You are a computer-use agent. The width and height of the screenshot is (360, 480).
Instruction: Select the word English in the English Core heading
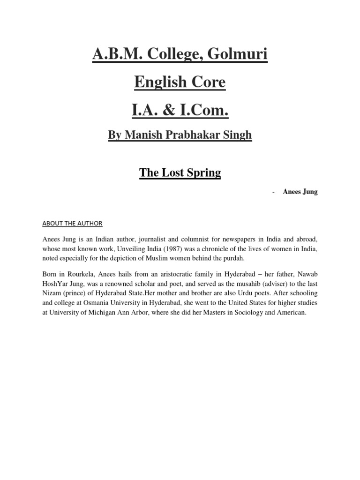pos(155,82)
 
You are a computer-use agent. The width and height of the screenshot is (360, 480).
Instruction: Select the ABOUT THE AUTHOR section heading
pos(72,223)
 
